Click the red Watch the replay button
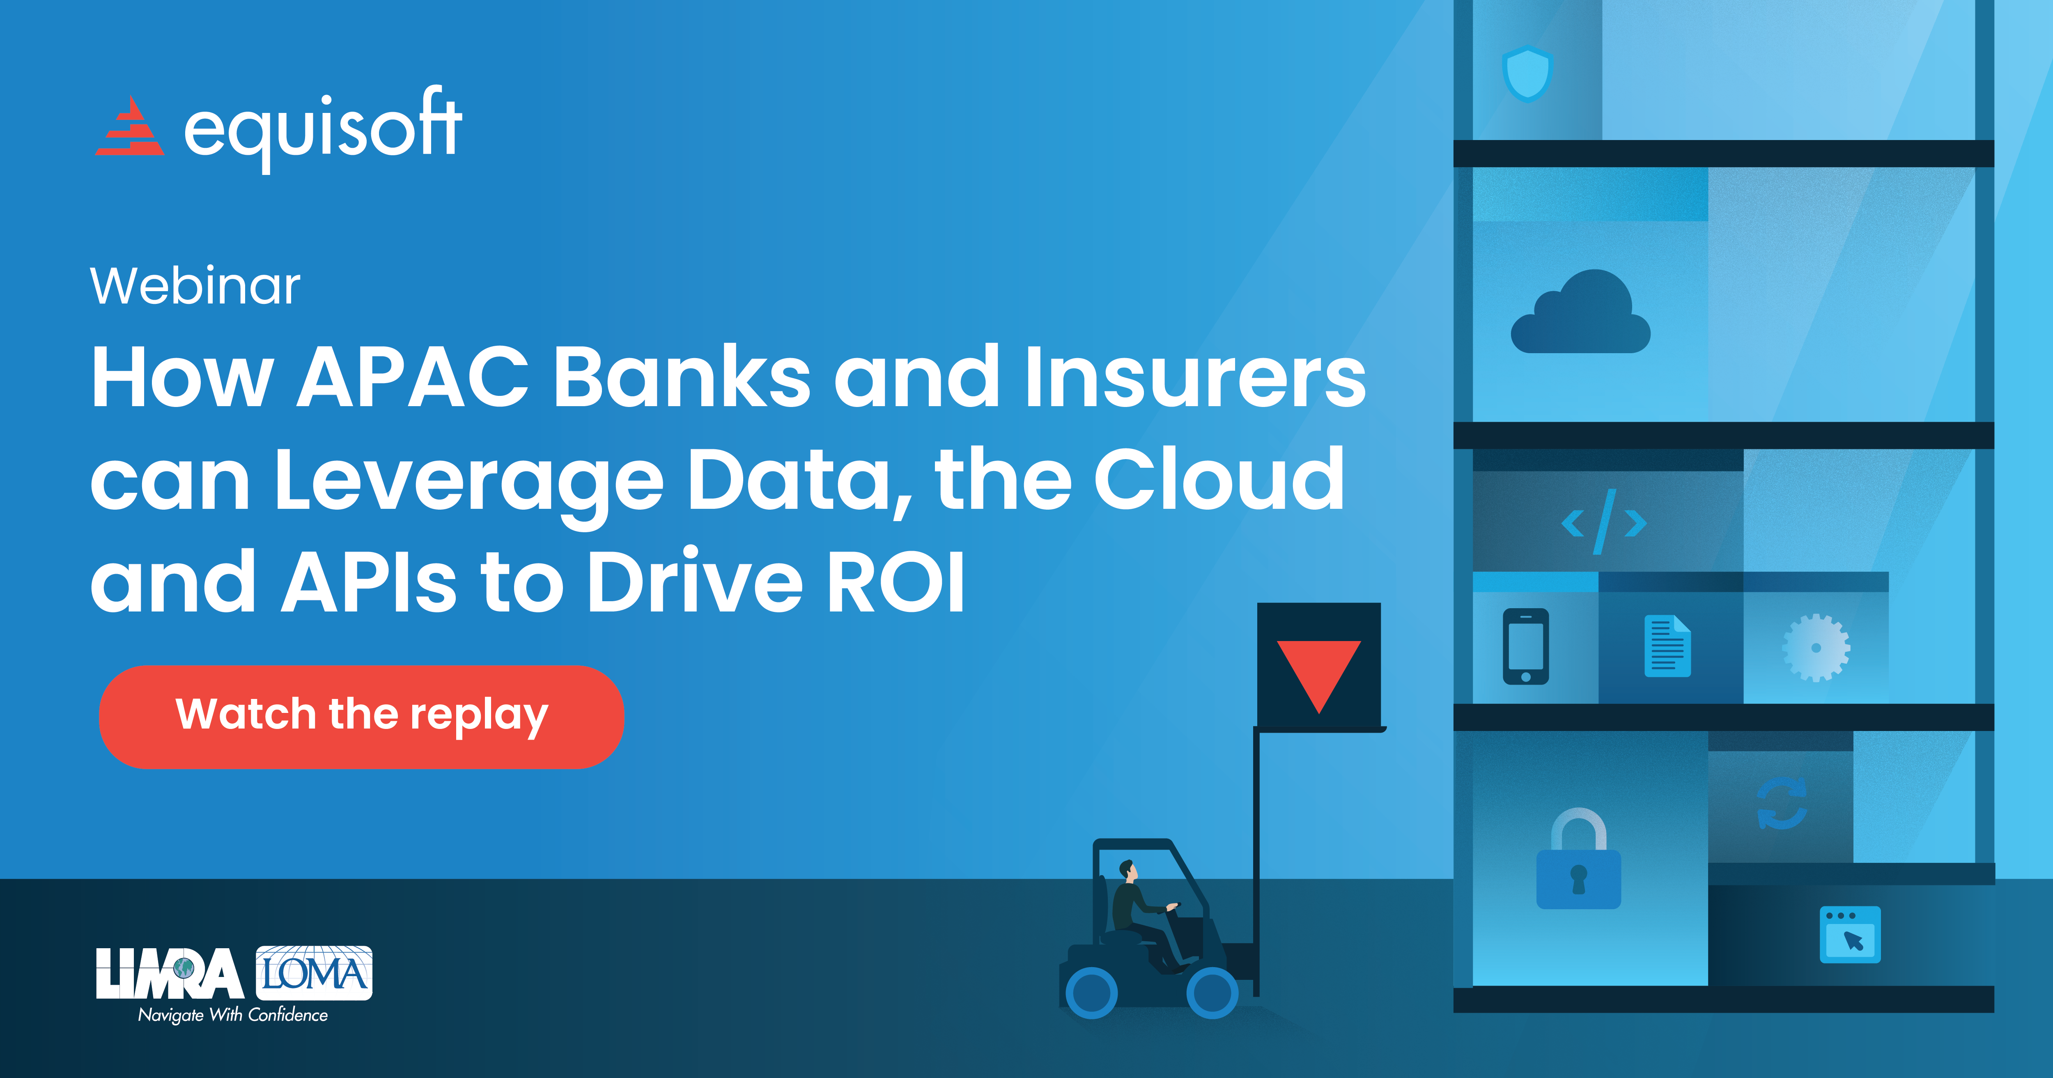point(361,716)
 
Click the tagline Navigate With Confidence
point(233,1015)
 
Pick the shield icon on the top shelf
point(1527,74)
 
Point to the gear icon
point(1816,648)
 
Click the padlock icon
point(1578,861)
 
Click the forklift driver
point(1136,909)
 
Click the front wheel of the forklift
point(1211,993)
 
